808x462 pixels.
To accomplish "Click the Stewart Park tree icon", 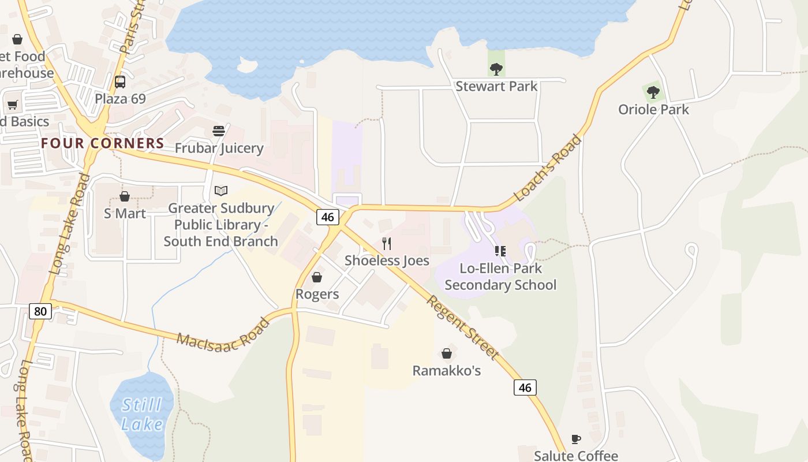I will pyautogui.click(x=496, y=69).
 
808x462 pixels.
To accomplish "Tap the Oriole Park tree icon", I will pyautogui.click(x=653, y=92).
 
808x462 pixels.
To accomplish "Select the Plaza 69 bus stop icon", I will pyautogui.click(x=120, y=82).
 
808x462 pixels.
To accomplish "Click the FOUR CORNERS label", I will pyautogui.click(x=103, y=143).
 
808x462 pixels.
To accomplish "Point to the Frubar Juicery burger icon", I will pyautogui.click(x=218, y=131).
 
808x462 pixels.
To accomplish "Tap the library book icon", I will pyautogui.click(x=221, y=191).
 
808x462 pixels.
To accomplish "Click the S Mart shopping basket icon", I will pyautogui.click(x=125, y=196).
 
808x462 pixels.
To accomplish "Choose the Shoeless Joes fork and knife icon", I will pyautogui.click(x=387, y=244).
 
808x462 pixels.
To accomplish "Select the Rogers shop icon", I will pyautogui.click(x=317, y=278).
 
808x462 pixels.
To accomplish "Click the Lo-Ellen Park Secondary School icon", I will pyautogui.click(x=500, y=251).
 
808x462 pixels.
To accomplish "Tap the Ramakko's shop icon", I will pyautogui.click(x=446, y=353).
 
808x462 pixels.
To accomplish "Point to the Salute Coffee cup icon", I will pyautogui.click(x=575, y=439).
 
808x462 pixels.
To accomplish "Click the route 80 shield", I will pyautogui.click(x=40, y=312).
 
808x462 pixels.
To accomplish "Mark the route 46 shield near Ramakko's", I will pyautogui.click(x=525, y=388).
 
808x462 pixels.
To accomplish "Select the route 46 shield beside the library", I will pyautogui.click(x=327, y=217).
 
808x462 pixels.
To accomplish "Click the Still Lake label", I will pyautogui.click(x=142, y=415).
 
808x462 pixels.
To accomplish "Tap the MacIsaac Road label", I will pyautogui.click(x=223, y=333).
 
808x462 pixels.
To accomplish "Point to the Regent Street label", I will pyautogui.click(x=463, y=326).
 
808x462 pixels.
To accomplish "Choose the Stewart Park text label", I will pyautogui.click(x=496, y=87).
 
